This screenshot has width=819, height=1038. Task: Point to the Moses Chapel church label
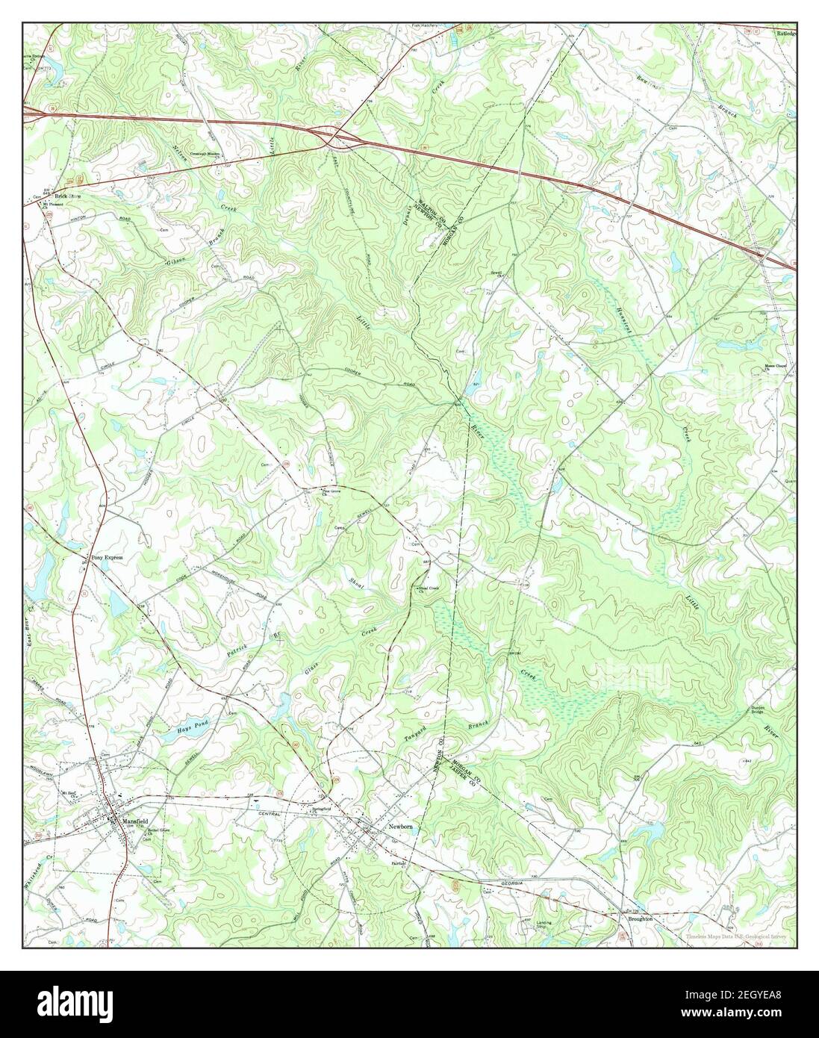(x=779, y=367)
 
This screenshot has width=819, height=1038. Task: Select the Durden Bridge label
(x=760, y=711)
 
